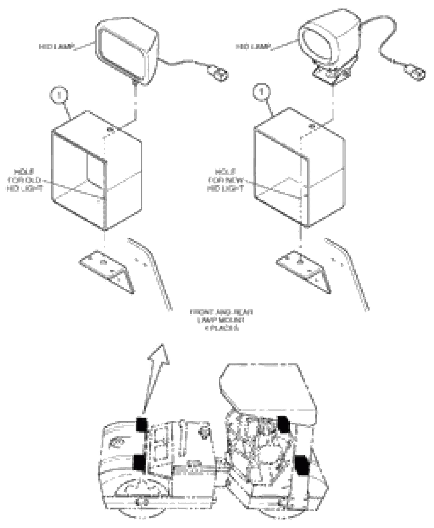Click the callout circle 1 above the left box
(59, 95)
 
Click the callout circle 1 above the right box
(261, 92)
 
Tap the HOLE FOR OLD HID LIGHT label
(24, 180)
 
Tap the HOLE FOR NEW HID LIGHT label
(226, 180)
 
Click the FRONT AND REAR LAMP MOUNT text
(222, 320)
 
